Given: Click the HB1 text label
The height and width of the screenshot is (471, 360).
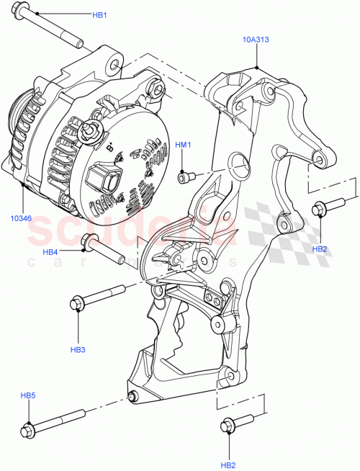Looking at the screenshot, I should (99, 14).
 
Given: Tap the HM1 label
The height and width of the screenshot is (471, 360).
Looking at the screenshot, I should (184, 145).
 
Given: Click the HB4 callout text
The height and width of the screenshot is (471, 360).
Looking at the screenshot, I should (50, 252).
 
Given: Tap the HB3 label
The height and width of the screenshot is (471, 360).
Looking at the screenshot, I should (78, 349).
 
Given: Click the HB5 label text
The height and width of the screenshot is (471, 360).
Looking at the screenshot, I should (27, 395).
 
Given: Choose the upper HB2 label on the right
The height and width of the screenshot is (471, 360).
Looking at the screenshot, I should (320, 248).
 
